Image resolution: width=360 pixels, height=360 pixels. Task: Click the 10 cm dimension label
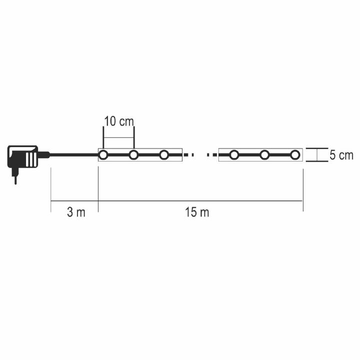(119, 121)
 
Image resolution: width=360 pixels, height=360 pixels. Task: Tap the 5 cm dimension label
(341, 155)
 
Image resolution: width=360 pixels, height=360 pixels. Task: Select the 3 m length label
(76, 212)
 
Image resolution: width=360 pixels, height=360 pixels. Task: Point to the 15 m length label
(197, 212)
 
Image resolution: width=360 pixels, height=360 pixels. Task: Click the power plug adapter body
(22, 157)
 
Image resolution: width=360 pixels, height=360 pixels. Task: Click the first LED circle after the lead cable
(103, 155)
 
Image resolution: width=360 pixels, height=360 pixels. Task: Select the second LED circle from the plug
(133, 155)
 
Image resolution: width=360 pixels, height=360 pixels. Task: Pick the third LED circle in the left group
(164, 155)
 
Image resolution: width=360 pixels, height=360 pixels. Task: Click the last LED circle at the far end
(295, 155)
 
